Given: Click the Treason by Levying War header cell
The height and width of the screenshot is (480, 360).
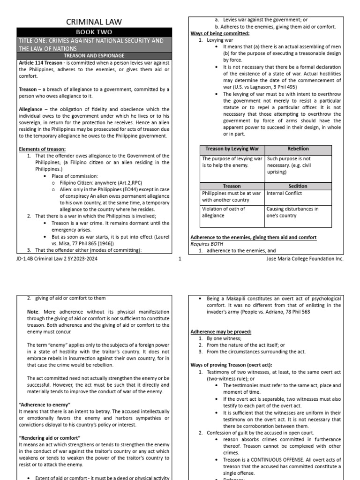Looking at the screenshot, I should (232, 149).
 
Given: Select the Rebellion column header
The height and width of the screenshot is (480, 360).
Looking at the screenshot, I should (298, 149).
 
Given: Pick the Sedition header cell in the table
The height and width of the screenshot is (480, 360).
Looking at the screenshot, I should (298, 186).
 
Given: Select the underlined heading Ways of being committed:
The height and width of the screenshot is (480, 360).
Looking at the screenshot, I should (220, 34).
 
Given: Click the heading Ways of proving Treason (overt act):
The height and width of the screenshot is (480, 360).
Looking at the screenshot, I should (232, 365).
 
